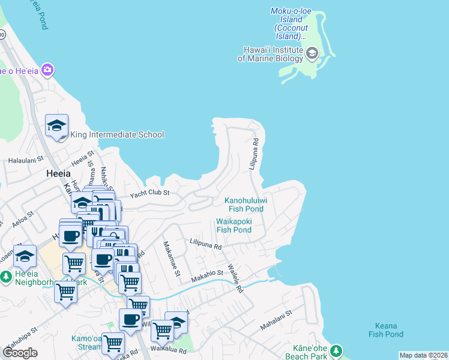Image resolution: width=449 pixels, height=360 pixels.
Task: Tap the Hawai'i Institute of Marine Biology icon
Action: coord(312,54)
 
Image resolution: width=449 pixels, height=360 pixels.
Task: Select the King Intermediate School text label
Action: coord(117,134)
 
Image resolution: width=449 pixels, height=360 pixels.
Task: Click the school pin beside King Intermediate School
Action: coord(56,125)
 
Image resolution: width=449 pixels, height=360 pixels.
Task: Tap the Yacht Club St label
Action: coord(150,193)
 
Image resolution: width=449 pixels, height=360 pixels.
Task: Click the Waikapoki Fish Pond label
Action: coord(234,225)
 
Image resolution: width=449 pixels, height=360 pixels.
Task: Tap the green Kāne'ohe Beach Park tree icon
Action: coord(337,350)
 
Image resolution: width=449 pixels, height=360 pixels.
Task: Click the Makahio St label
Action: coord(207,277)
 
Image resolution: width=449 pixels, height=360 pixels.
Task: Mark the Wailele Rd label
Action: coord(235,278)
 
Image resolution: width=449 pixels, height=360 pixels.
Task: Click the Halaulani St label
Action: coord(26,160)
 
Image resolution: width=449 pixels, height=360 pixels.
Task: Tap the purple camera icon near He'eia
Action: coord(47,71)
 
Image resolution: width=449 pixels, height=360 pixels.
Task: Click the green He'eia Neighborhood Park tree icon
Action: coord(6,277)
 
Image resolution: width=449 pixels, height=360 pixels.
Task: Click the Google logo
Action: coord(20,353)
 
